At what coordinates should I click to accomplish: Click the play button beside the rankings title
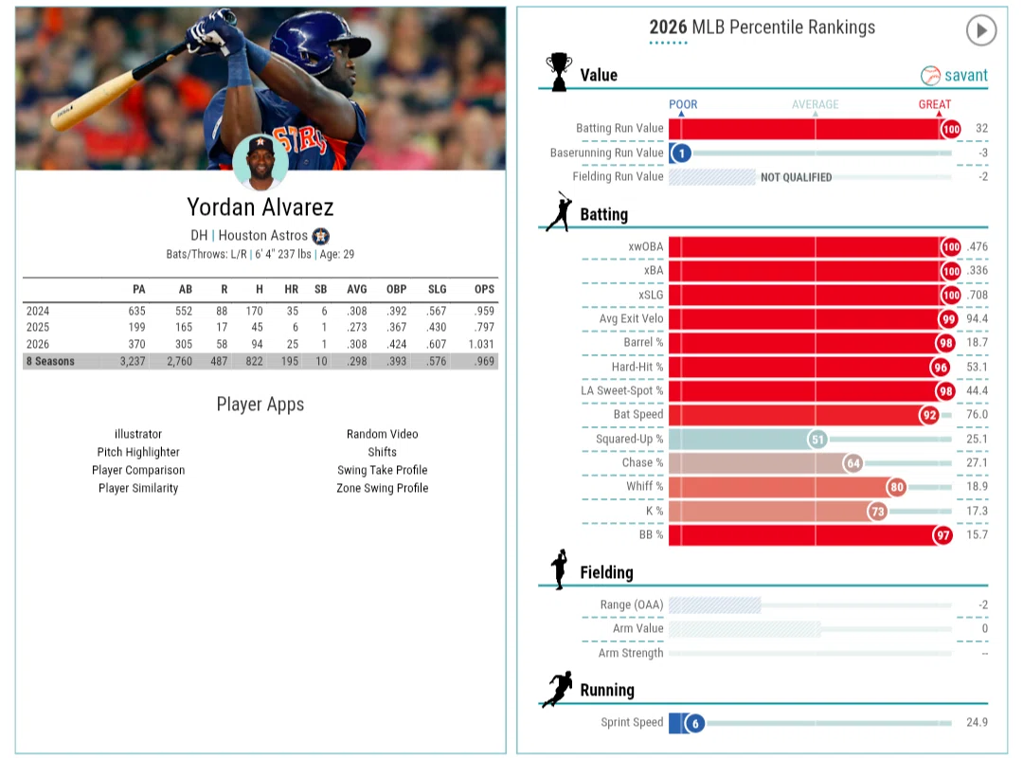(980, 30)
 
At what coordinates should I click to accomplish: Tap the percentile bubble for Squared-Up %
(817, 440)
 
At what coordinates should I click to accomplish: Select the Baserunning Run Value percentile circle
(681, 153)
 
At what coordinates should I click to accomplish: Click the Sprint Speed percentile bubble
(695, 723)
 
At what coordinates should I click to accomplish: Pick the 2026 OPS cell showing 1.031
(481, 344)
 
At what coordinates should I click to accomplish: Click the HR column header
(291, 289)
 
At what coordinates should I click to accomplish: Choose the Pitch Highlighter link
(138, 452)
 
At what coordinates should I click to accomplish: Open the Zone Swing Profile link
(383, 488)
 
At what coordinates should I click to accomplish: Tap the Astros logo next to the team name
(320, 236)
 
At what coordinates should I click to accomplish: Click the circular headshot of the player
(260, 162)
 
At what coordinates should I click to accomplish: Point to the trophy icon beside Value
(559, 71)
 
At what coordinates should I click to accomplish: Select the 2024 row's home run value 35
(293, 311)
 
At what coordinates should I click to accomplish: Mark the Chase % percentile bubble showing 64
(852, 463)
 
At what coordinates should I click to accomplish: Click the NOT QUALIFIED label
(796, 177)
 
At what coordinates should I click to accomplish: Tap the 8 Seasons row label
(50, 361)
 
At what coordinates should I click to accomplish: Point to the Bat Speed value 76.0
(977, 415)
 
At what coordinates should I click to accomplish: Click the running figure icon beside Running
(557, 689)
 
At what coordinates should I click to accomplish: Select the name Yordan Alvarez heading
(260, 207)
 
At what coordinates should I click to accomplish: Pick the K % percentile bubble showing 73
(877, 512)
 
